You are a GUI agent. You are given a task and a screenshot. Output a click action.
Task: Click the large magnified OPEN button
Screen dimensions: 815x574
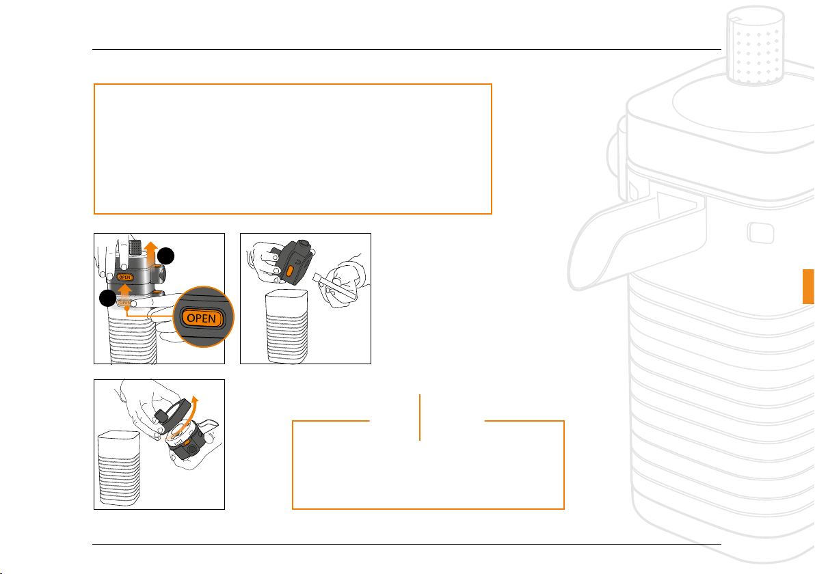202,318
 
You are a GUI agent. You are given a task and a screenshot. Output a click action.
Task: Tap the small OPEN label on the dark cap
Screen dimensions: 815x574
124,277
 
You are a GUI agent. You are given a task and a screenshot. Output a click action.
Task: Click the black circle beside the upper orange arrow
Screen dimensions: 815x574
166,256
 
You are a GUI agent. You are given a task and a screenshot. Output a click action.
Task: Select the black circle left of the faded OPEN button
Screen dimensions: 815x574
107,298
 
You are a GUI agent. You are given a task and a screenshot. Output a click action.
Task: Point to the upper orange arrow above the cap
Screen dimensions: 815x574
151,254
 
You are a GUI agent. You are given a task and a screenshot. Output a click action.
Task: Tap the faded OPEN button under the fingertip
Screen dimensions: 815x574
124,303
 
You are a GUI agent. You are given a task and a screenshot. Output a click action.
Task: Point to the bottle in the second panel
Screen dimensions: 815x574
286,326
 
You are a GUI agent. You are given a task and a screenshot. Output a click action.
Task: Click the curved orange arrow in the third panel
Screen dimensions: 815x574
187,418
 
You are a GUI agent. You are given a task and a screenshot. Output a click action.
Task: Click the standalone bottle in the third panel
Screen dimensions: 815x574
118,469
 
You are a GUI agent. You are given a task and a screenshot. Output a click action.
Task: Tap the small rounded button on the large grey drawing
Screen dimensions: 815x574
761,233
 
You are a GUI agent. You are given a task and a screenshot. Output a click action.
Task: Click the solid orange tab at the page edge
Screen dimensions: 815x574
809,286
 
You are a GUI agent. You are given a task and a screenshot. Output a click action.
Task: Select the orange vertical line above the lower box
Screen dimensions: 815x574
419,417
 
